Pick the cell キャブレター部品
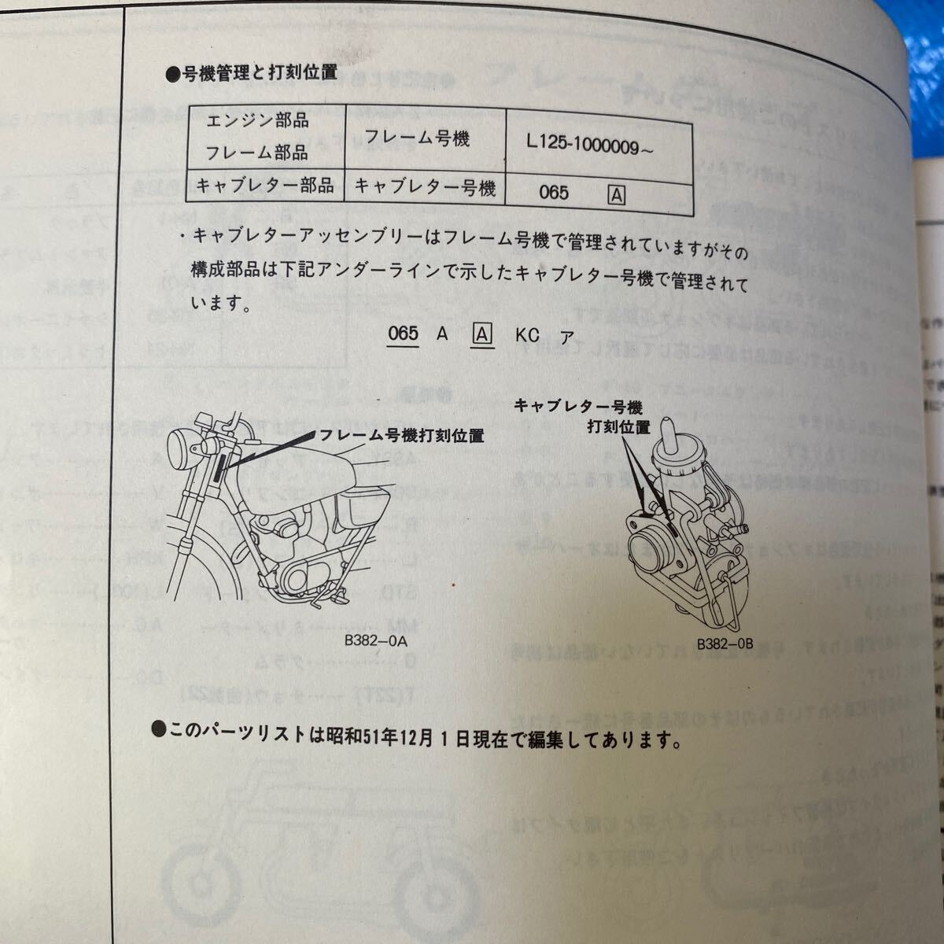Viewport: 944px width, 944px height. pyautogui.click(x=264, y=186)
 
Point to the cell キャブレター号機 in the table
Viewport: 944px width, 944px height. pyautogui.click(x=425, y=187)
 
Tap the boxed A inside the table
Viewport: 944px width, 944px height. pyautogui.click(x=617, y=194)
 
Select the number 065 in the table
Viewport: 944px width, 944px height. pyautogui.click(x=554, y=193)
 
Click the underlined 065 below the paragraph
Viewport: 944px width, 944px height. pyautogui.click(x=403, y=334)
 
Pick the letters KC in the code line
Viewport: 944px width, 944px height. pyautogui.click(x=527, y=335)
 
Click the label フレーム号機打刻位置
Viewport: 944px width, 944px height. pyautogui.click(x=400, y=435)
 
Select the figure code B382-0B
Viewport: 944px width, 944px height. pyautogui.click(x=725, y=643)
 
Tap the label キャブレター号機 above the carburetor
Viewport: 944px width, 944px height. pyautogui.click(x=578, y=406)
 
